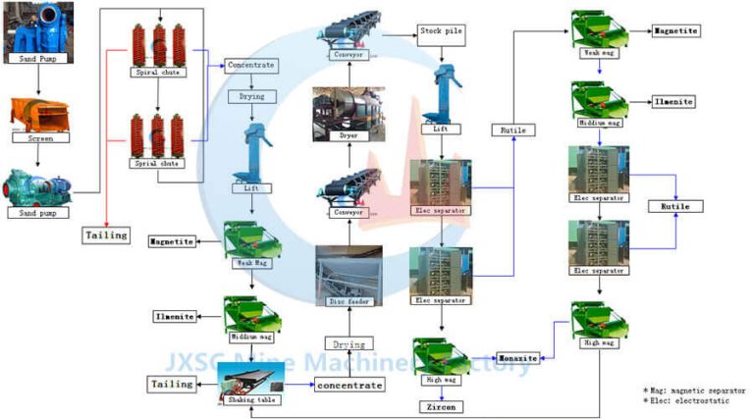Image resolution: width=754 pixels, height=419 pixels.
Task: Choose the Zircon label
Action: (x=442, y=405)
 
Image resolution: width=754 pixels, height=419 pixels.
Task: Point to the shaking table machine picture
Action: (x=249, y=377)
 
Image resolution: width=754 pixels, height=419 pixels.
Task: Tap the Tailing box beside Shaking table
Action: (x=171, y=384)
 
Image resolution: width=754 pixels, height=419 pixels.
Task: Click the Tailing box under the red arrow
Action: (x=105, y=236)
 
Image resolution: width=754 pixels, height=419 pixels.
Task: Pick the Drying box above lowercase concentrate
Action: (x=350, y=344)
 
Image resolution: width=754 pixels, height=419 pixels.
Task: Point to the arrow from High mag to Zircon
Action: (x=441, y=391)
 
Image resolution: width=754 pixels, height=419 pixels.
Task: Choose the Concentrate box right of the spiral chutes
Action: (x=250, y=66)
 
